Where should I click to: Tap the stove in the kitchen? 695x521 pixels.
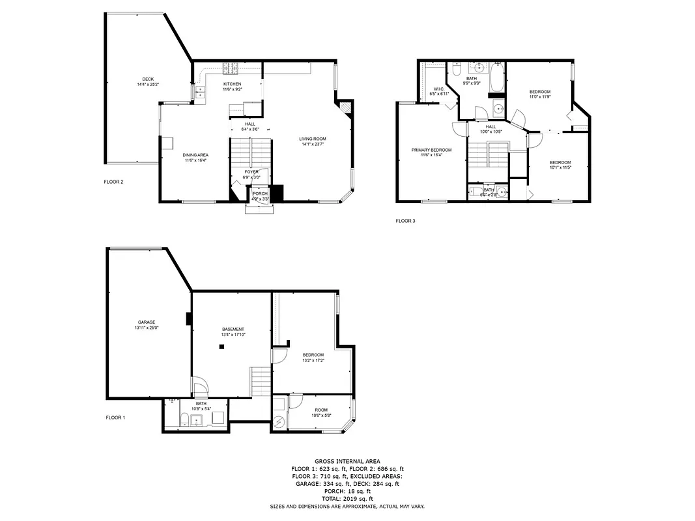[x=231, y=67]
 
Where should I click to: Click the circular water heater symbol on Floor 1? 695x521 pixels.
[x=279, y=422]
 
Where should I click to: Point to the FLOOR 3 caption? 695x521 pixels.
[x=405, y=221]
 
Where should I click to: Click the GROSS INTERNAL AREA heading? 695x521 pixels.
[x=347, y=460]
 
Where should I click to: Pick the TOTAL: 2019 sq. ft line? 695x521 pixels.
[x=347, y=498]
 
